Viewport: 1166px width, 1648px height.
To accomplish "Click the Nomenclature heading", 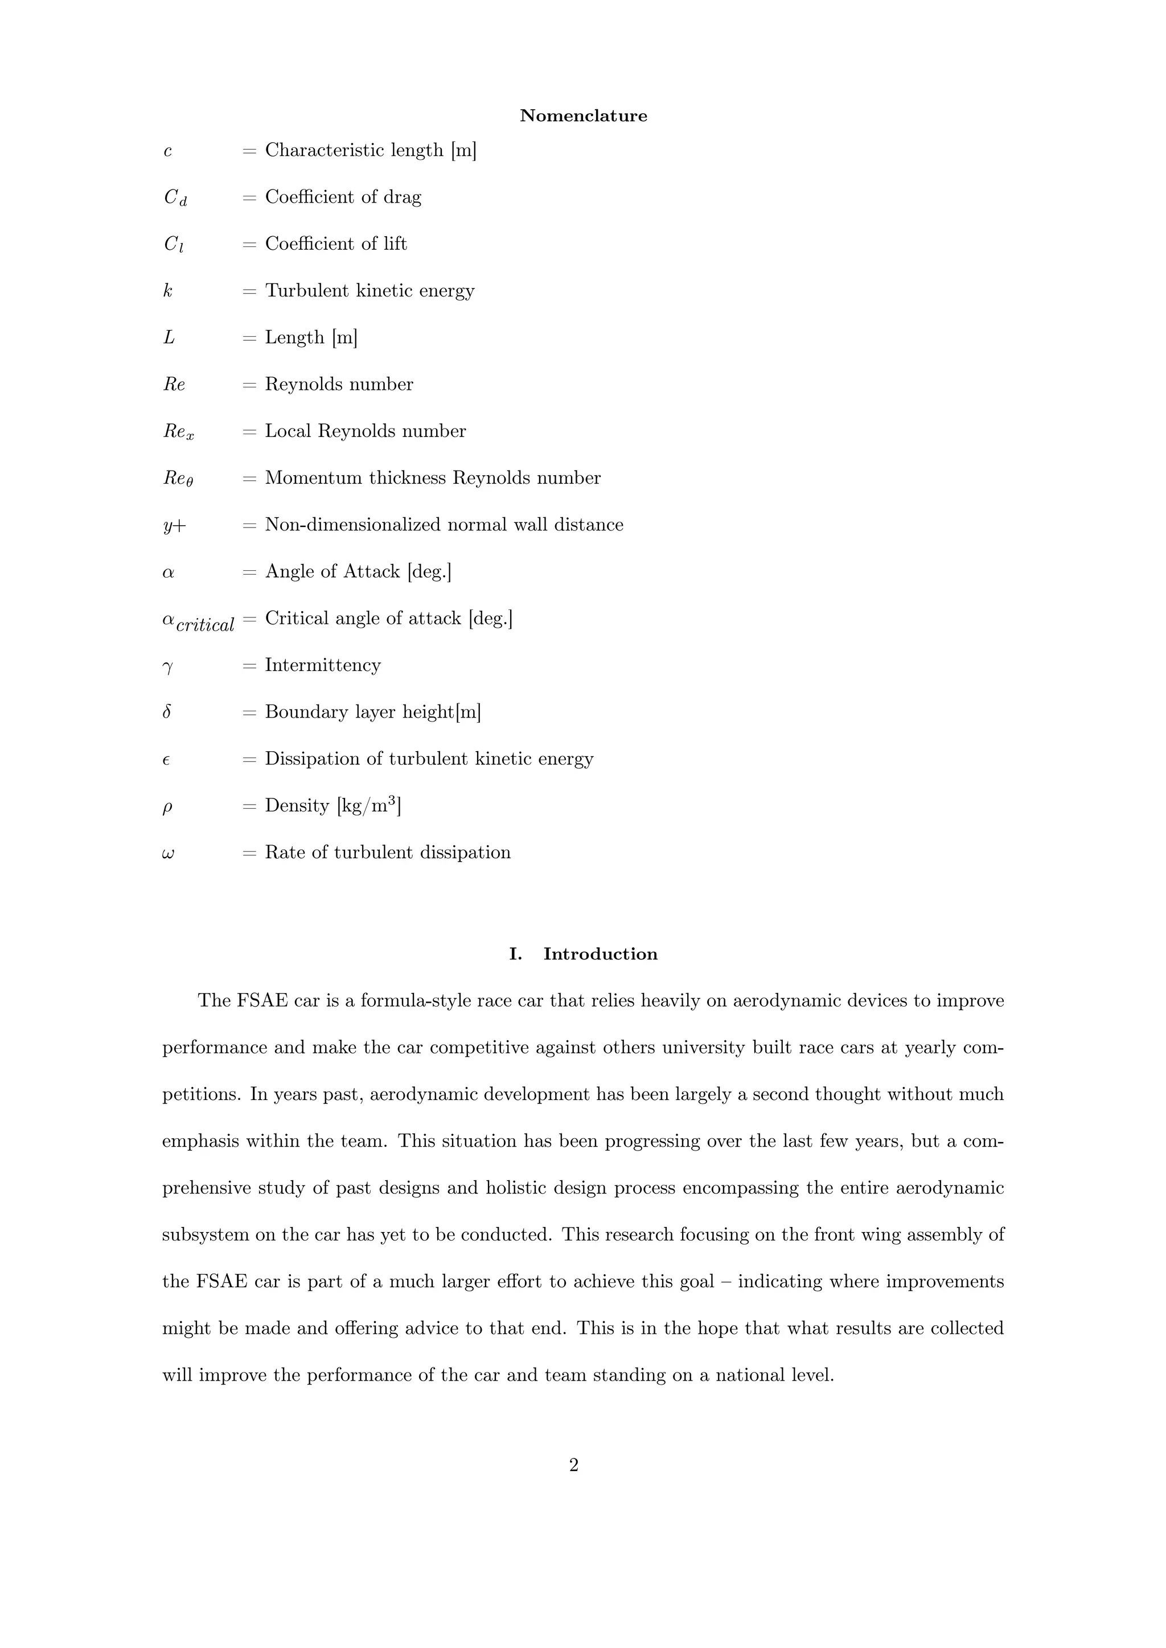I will pyautogui.click(x=583, y=116).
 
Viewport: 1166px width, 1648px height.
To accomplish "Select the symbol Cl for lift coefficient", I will pyautogui.click(x=174, y=244).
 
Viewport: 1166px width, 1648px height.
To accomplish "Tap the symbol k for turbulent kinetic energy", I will pyautogui.click(x=168, y=291).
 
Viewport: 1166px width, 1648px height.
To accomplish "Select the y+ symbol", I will pyautogui.click(x=174, y=525).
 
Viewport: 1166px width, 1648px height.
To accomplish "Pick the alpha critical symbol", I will pyautogui.click(x=198, y=621).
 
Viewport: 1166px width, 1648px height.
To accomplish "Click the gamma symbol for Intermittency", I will pyautogui.click(x=168, y=667).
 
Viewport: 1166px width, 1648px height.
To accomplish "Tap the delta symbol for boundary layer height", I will pyautogui.click(x=167, y=712).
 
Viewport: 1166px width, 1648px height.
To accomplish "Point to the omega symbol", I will pyautogui.click(x=169, y=854).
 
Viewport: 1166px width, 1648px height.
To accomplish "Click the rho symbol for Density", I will pyautogui.click(x=167, y=807).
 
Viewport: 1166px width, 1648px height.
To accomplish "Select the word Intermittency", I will pyautogui.click(x=322, y=665).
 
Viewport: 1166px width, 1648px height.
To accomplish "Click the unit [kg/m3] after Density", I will pyautogui.click(x=368, y=805).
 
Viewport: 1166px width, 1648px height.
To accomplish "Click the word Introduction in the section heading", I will pyautogui.click(x=600, y=954).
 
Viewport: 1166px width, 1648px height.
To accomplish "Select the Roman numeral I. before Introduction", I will pyautogui.click(x=515, y=954).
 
